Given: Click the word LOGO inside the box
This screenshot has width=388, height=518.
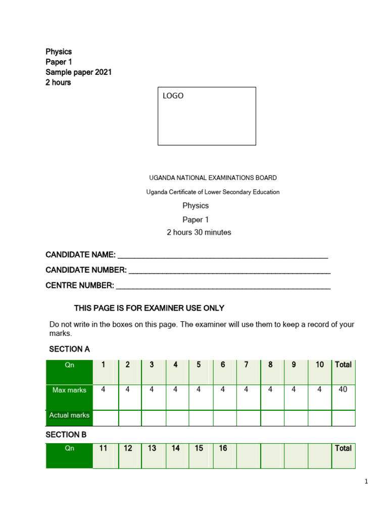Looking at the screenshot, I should click(173, 96).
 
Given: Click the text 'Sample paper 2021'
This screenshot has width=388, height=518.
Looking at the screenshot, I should click(78, 72).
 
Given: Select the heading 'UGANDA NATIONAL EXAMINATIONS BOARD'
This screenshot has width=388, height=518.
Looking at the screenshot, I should click(213, 178).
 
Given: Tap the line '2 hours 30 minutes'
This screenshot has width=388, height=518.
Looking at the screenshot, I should click(199, 232).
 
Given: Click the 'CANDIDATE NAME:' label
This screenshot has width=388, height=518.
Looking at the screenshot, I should click(81, 254).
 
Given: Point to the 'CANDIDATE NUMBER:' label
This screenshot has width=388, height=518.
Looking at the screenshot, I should click(86, 270).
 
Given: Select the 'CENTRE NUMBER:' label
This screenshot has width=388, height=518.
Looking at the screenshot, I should click(80, 285).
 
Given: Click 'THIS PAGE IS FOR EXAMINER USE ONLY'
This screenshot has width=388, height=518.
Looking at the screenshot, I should click(149, 308).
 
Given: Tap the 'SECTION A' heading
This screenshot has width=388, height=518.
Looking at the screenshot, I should click(69, 349).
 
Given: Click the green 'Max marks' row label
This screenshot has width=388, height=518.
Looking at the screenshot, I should click(69, 390).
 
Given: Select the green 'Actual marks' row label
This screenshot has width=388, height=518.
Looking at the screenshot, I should click(69, 415).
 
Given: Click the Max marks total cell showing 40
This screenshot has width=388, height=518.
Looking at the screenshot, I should click(343, 390).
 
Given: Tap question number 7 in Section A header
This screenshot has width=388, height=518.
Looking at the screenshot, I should click(247, 364).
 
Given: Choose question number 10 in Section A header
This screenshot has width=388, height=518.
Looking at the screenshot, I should click(320, 364).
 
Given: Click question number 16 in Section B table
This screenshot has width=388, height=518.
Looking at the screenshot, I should click(223, 448).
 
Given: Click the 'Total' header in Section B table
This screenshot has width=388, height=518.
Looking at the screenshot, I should click(343, 448).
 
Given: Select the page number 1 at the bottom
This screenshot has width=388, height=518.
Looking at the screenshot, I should click(366, 482).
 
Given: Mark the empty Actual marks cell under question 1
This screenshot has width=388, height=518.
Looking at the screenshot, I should click(106, 418).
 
